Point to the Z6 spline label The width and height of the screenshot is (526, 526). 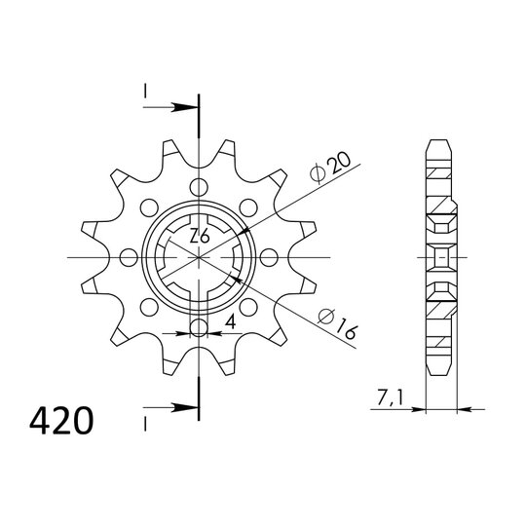pos(198,236)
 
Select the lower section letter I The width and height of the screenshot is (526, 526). pos(143,423)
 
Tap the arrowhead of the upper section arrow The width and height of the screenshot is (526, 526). pos(190,106)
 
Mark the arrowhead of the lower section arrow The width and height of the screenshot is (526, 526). pos(190,406)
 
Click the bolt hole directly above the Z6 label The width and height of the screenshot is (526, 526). pos(199,187)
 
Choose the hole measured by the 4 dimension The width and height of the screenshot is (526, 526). pos(199,327)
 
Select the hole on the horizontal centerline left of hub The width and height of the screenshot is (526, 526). pos(129,257)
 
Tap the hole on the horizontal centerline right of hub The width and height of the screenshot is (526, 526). pos(269,257)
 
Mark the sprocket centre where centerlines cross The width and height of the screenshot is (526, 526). pos(199,257)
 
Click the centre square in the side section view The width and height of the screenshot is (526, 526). pos(441,258)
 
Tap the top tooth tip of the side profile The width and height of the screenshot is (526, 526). pos(441,143)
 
